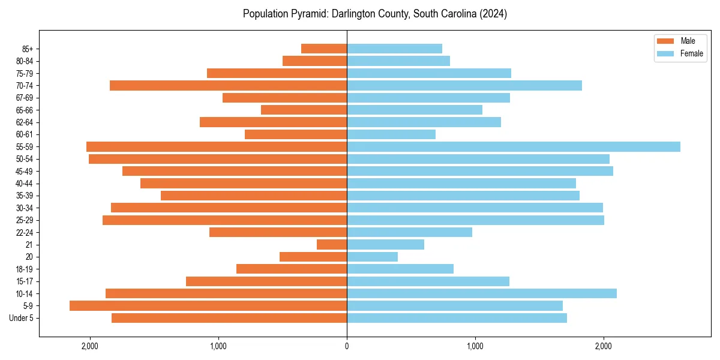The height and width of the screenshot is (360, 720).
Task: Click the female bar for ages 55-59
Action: (x=513, y=146)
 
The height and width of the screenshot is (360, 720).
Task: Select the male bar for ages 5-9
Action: (x=208, y=305)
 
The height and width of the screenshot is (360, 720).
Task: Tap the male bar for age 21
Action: (x=332, y=244)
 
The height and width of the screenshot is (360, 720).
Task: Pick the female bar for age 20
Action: (x=372, y=257)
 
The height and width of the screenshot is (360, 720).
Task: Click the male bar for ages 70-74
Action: (x=228, y=85)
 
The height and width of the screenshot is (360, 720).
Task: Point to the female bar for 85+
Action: (x=394, y=49)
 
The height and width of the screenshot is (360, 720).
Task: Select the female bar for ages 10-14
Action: (x=481, y=293)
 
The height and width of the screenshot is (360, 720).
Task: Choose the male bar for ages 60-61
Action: (x=296, y=134)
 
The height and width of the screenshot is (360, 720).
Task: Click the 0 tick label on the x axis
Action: (x=347, y=346)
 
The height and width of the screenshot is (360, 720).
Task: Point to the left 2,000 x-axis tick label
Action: (x=90, y=346)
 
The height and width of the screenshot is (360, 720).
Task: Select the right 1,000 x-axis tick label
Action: (x=475, y=346)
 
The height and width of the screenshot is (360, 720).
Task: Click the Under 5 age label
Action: (x=25, y=318)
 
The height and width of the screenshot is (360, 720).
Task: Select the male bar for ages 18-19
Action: (x=292, y=269)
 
